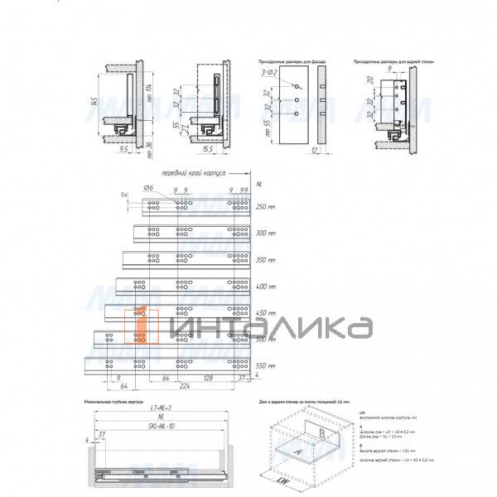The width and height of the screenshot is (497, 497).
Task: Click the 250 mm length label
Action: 265,206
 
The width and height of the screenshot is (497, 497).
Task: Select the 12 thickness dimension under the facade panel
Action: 317,150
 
